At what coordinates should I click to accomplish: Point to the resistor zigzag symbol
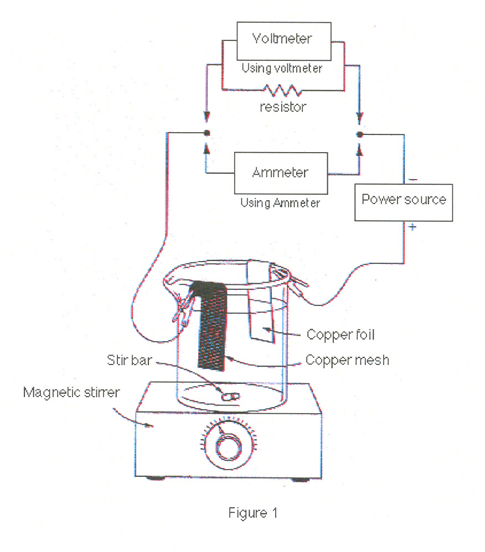[283, 90]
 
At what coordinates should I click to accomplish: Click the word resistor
[283, 107]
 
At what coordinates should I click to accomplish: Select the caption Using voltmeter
[282, 68]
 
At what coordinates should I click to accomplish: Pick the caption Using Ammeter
[280, 203]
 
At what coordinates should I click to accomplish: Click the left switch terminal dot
[207, 133]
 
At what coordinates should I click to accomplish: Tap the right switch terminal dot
[359, 134]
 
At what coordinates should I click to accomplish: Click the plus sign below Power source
[412, 227]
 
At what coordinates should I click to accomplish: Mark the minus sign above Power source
[412, 180]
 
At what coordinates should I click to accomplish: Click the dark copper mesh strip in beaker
[211, 326]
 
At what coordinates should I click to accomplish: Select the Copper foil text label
[340, 335]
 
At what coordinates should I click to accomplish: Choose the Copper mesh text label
[347, 360]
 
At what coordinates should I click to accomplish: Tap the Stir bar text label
[130, 360]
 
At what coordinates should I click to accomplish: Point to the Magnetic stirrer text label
[71, 392]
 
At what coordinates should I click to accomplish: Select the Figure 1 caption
[252, 513]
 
